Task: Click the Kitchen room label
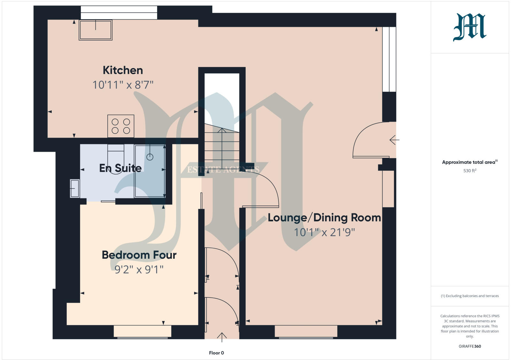pyautogui.click(x=123, y=70)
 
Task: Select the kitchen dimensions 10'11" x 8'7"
pyautogui.click(x=123, y=85)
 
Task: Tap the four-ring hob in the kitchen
pyautogui.click(x=121, y=126)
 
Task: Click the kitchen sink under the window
pyautogui.click(x=95, y=30)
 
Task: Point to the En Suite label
pyautogui.click(x=120, y=168)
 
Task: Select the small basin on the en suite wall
pyautogui.click(x=75, y=188)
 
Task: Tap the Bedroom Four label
pyautogui.click(x=139, y=255)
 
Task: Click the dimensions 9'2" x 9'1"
pyautogui.click(x=139, y=270)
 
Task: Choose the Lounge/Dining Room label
pyautogui.click(x=324, y=218)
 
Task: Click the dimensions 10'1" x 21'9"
pyautogui.click(x=324, y=232)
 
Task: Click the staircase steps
pyautogui.click(x=222, y=147)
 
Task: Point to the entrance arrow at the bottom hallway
pyautogui.click(x=222, y=337)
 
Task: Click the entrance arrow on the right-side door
pyautogui.click(x=394, y=140)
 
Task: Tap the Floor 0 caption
pyautogui.click(x=216, y=353)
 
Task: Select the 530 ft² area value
pyautogui.click(x=469, y=171)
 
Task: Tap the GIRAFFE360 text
pyautogui.click(x=469, y=346)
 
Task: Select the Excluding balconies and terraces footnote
pyautogui.click(x=469, y=296)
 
